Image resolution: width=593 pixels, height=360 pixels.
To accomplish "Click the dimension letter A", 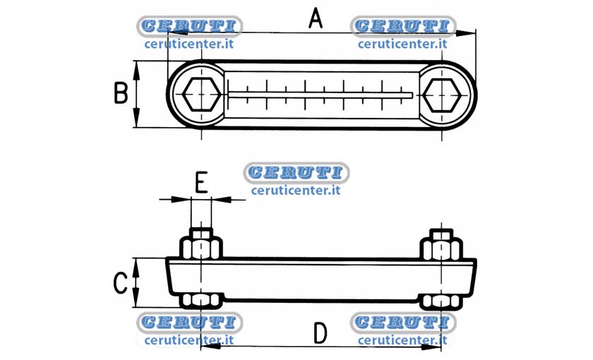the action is tap(316, 19).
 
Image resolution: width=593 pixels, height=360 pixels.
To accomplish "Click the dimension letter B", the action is tap(121, 93).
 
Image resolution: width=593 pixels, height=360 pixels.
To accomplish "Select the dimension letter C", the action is tap(121, 283).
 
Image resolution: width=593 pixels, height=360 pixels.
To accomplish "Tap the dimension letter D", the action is tap(321, 333).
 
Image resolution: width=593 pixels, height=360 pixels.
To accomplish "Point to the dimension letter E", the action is tap(201, 182).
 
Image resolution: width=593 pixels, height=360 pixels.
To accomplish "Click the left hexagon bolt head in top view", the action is tap(201, 94).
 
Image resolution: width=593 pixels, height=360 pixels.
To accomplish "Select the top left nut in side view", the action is tap(200, 244).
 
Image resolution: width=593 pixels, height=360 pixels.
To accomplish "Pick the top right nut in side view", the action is tap(442, 244).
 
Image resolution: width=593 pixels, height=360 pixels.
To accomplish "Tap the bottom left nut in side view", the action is tap(200, 301).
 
